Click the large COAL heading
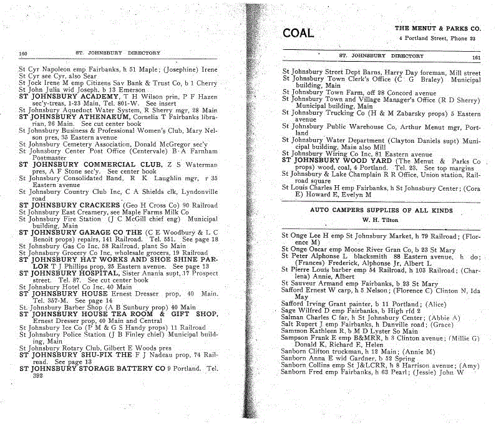tap(298, 33)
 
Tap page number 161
tap(476, 57)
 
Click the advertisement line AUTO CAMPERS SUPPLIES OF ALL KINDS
tap(381, 211)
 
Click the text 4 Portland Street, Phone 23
tap(437, 39)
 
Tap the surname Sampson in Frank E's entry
tap(297, 337)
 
